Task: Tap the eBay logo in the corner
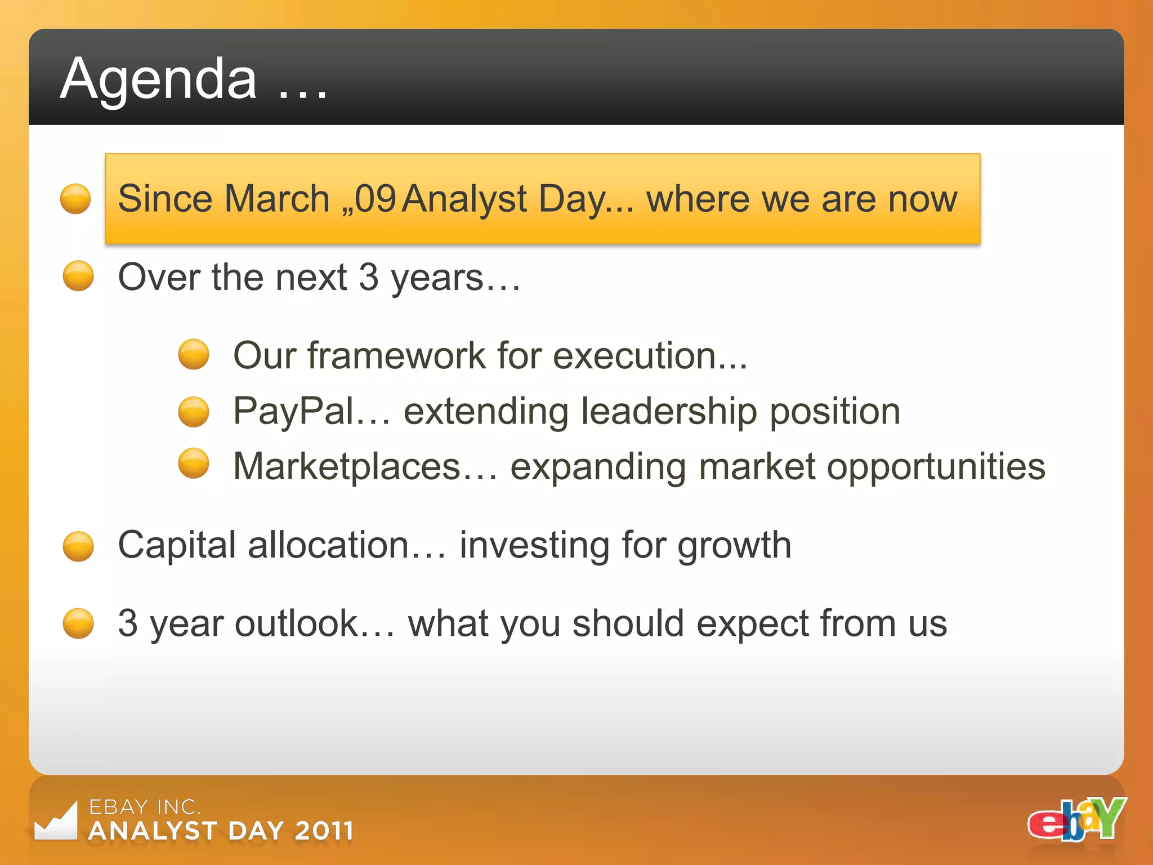[x=1076, y=819]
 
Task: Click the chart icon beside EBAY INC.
[x=56, y=822]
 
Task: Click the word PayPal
[x=293, y=411]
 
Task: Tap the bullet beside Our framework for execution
[x=194, y=354]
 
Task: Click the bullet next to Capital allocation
[x=78, y=546]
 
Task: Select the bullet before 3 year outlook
[x=78, y=623]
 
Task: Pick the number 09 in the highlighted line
[x=376, y=199]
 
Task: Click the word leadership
[x=669, y=411]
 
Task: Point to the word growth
[x=734, y=546]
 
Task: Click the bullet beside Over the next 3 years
[x=78, y=276]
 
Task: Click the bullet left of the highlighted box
[x=75, y=199]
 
